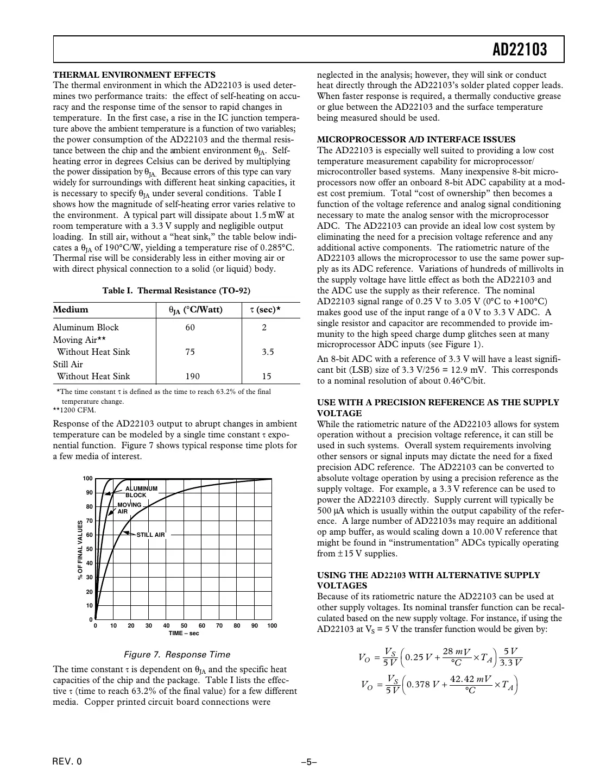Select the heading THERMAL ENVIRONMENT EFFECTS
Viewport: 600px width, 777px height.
(134, 75)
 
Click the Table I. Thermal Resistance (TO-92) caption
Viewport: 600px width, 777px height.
(176, 290)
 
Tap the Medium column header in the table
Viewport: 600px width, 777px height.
(71, 310)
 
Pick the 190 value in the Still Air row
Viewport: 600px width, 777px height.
(192, 376)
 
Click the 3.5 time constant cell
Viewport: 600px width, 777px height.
(268, 352)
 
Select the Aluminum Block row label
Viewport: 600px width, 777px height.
(85, 327)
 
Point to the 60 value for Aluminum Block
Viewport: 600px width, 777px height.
(190, 327)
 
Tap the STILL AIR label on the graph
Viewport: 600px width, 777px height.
(150, 535)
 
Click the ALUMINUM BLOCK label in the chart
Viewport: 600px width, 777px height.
(141, 492)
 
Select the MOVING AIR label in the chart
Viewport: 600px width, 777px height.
(129, 508)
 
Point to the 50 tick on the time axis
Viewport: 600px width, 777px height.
(184, 625)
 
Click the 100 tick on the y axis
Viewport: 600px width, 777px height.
(87, 478)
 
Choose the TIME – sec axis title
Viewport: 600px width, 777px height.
(184, 633)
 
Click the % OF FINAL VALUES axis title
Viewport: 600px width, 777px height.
(80, 549)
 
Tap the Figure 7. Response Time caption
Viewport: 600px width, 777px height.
(177, 654)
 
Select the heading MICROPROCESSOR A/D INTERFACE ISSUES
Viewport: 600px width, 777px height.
(416, 140)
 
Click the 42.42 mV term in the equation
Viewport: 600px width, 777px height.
(471, 679)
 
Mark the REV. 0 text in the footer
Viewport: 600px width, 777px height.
(67, 761)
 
